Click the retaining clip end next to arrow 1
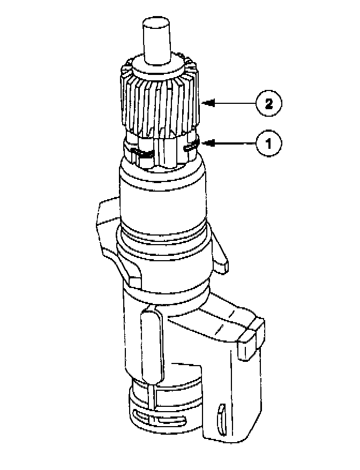[x=190, y=145]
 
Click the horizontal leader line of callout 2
[x=236, y=103]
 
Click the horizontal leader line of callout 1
[x=236, y=143]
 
